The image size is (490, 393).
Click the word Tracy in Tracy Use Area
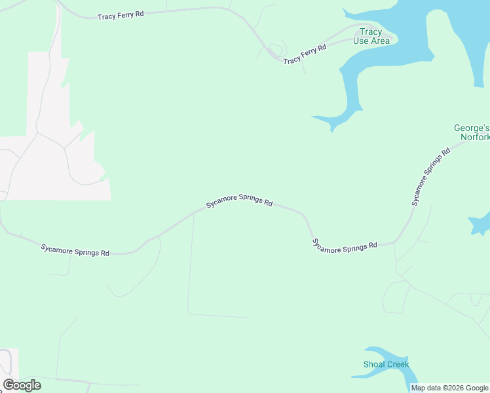[x=371, y=31]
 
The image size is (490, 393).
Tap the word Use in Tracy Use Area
[x=360, y=41]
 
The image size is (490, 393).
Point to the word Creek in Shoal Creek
[x=398, y=364]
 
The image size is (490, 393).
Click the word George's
[x=472, y=128]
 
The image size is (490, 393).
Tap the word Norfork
[x=475, y=138]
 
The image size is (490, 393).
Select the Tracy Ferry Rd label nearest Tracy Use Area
[x=305, y=54]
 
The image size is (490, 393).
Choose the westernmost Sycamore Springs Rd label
[x=75, y=250]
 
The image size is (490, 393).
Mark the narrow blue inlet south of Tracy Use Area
[x=350, y=92]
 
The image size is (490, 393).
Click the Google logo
[x=22, y=385]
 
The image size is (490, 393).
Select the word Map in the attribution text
[x=418, y=388]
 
